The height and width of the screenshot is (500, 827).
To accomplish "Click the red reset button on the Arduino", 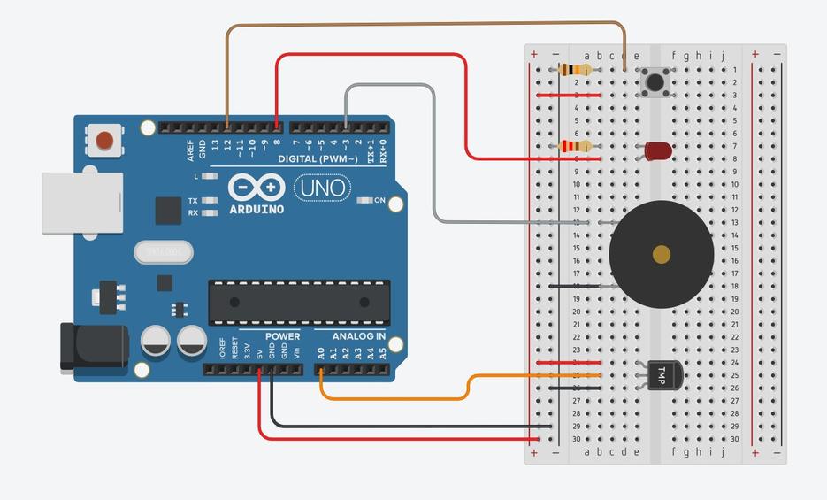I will (x=105, y=140).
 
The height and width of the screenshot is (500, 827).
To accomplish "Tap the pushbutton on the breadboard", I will (x=655, y=82).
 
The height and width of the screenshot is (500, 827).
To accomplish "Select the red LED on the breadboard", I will (x=657, y=151).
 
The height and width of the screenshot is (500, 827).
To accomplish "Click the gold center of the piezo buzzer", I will (x=662, y=255).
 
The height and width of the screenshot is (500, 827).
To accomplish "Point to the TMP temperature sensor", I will (x=664, y=375).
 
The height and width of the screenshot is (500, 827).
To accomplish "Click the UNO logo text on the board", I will (x=321, y=188).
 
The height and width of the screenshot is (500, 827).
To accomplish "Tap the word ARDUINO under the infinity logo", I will (x=257, y=210).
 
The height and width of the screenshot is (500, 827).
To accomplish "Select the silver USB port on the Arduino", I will (x=81, y=203).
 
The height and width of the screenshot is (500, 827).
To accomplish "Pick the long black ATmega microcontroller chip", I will (x=299, y=302).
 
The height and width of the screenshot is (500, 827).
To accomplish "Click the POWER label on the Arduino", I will (x=282, y=336).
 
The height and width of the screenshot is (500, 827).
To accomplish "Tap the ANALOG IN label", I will (x=358, y=336).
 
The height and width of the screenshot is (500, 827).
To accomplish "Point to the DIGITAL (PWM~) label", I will (x=318, y=159).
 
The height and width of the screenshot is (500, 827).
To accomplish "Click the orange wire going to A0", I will (x=398, y=398).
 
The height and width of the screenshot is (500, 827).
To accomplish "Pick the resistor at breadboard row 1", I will (x=577, y=70).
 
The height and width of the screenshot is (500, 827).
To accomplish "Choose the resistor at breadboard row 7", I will (x=577, y=146).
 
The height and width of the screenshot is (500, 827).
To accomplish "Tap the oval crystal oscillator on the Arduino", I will (x=164, y=252).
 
